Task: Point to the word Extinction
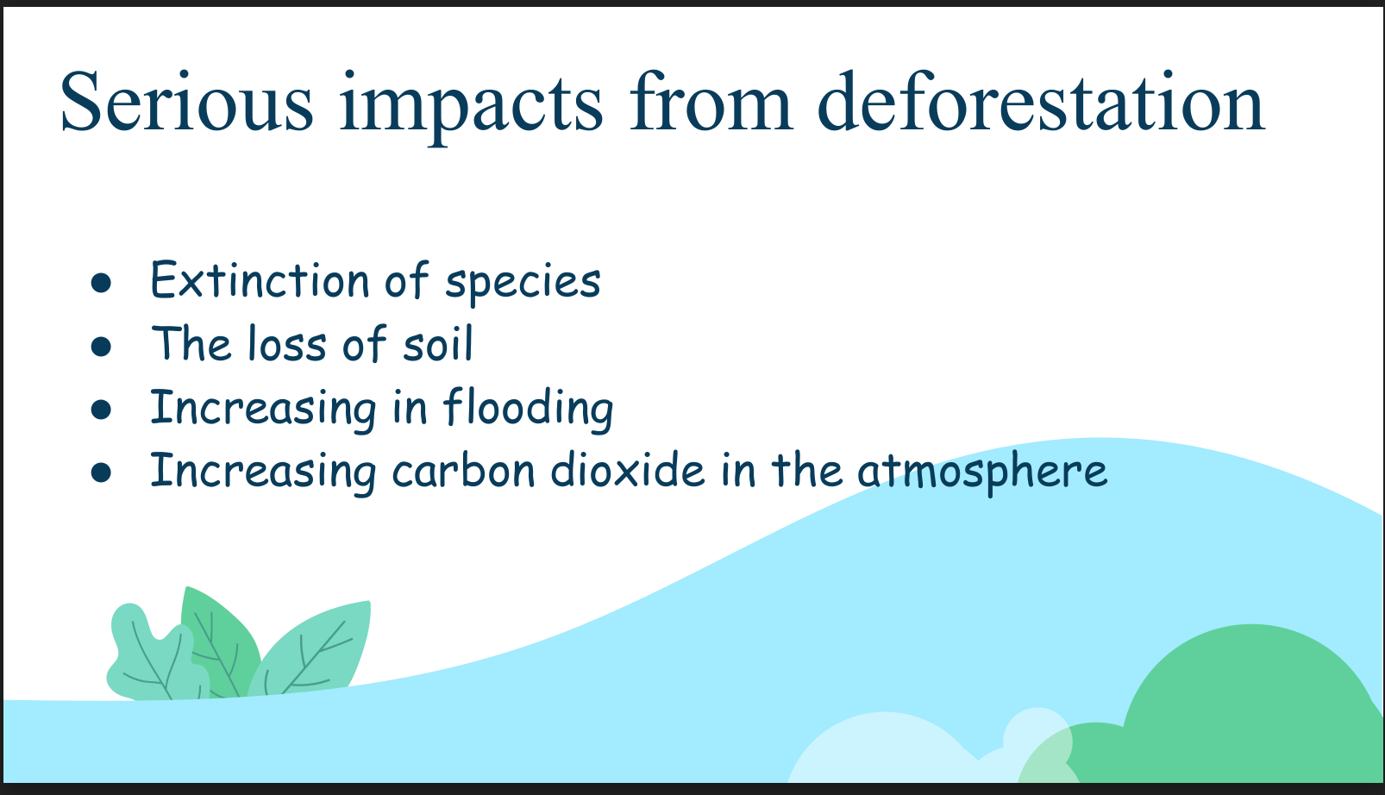(x=260, y=280)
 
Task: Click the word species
(x=523, y=284)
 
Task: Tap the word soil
(x=438, y=343)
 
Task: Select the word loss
(x=287, y=343)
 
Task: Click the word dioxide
(x=628, y=470)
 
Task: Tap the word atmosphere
(x=982, y=473)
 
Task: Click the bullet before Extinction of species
(x=101, y=283)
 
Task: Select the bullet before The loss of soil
(x=101, y=346)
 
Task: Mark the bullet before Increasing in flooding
(x=101, y=410)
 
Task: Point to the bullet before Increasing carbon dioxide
(x=101, y=473)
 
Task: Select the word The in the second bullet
(x=191, y=343)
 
